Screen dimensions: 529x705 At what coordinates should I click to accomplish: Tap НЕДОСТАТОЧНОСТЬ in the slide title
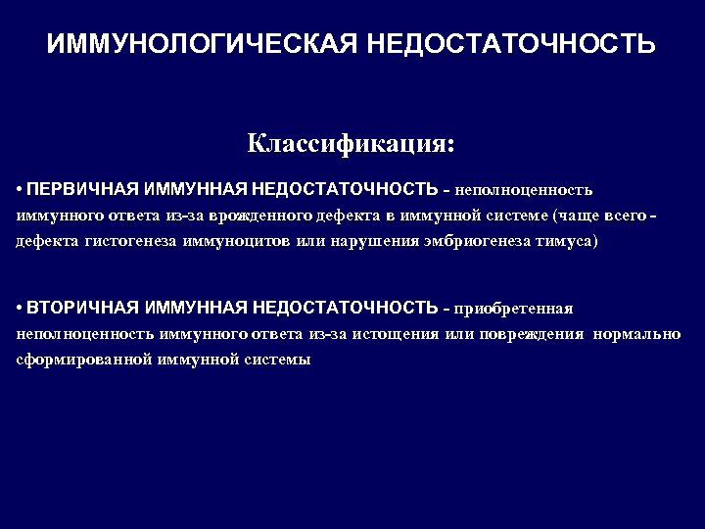(x=510, y=45)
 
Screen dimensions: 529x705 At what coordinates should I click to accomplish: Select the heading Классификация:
(x=352, y=144)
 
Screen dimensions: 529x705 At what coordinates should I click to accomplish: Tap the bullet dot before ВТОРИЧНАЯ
(x=20, y=309)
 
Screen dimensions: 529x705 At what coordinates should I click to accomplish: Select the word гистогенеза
(x=133, y=240)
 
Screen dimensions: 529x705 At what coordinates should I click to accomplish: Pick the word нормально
(x=637, y=334)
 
